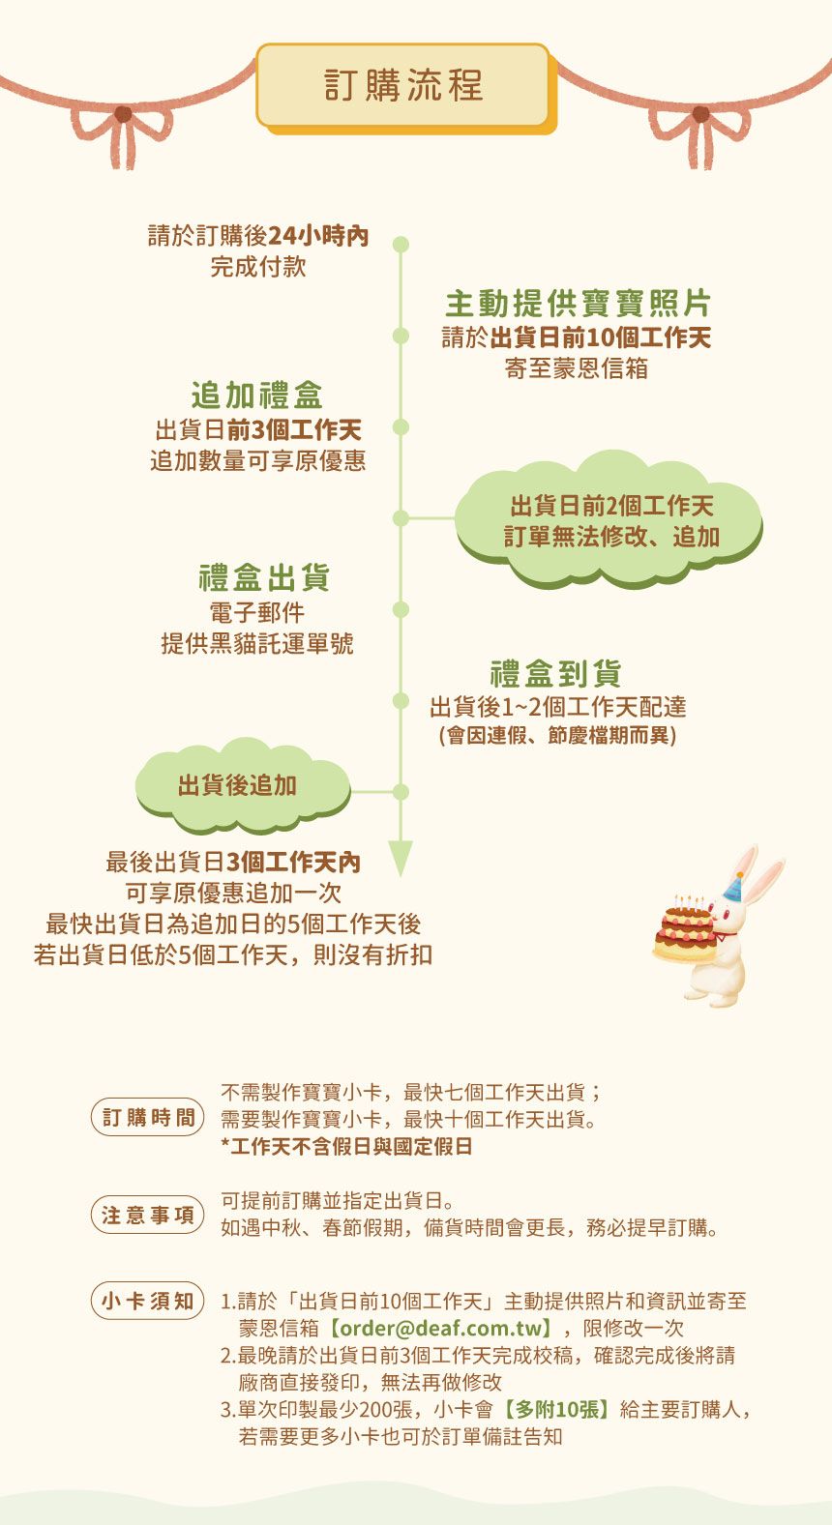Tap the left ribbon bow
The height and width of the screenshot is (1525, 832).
tap(123, 132)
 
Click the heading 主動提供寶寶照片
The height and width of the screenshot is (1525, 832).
tap(578, 304)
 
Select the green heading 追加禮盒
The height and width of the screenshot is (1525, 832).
tap(257, 395)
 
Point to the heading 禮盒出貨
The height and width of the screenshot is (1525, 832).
tap(264, 577)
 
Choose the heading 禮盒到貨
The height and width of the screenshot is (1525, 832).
tap(555, 674)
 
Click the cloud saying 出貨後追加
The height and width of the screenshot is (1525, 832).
tap(243, 785)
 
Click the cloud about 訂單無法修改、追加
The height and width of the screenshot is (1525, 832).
tap(609, 519)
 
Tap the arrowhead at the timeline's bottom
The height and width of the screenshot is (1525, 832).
tap(401, 858)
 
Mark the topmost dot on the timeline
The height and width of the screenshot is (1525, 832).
tap(401, 245)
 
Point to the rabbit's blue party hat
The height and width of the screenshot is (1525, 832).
tap(734, 887)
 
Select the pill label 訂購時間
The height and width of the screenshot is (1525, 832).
tap(148, 1117)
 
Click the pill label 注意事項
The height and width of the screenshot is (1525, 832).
tap(148, 1215)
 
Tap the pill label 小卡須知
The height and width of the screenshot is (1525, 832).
tap(148, 1301)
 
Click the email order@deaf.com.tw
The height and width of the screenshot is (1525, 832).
tap(445, 1329)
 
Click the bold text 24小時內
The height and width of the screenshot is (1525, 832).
tap(318, 236)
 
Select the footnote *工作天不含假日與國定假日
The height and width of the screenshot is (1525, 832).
tap(346, 1147)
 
